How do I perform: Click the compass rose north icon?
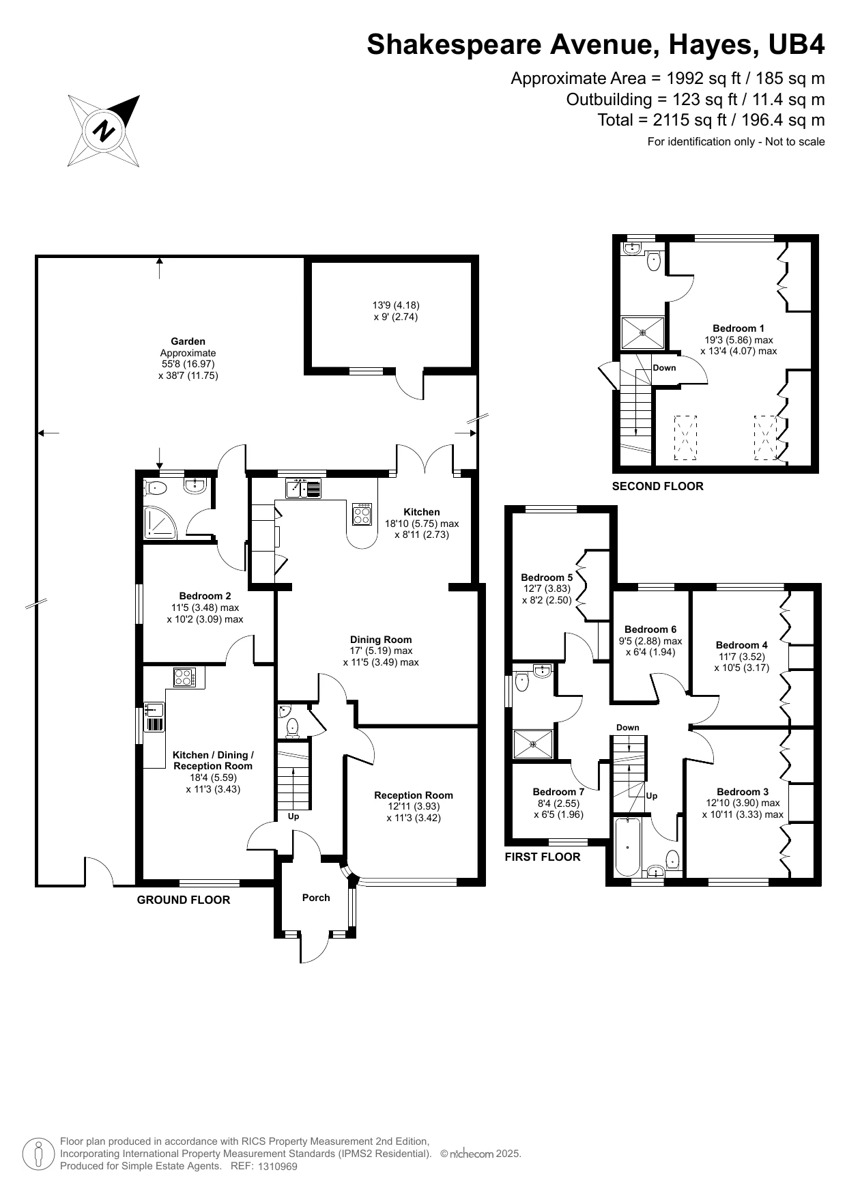click(104, 130)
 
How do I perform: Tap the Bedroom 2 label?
click(205, 596)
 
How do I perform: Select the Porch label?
click(316, 898)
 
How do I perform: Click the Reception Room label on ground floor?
click(414, 795)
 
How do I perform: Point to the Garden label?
click(188, 341)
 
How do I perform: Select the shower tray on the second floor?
click(642, 333)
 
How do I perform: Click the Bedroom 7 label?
click(558, 792)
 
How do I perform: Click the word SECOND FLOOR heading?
click(657, 487)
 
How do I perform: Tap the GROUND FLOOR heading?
click(184, 900)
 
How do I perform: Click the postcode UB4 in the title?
click(796, 44)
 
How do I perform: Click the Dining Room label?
click(381, 640)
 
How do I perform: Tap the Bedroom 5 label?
click(547, 577)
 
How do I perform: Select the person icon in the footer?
click(39, 1155)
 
